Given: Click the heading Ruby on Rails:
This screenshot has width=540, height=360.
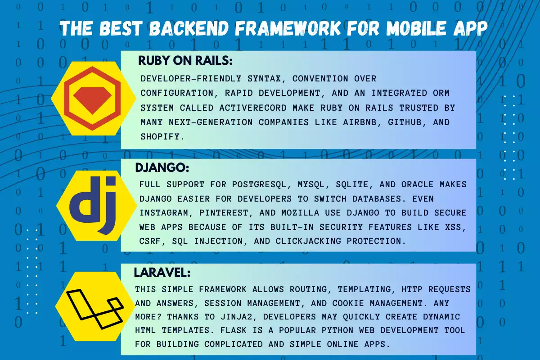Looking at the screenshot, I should pyautogui.click(x=185, y=61).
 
